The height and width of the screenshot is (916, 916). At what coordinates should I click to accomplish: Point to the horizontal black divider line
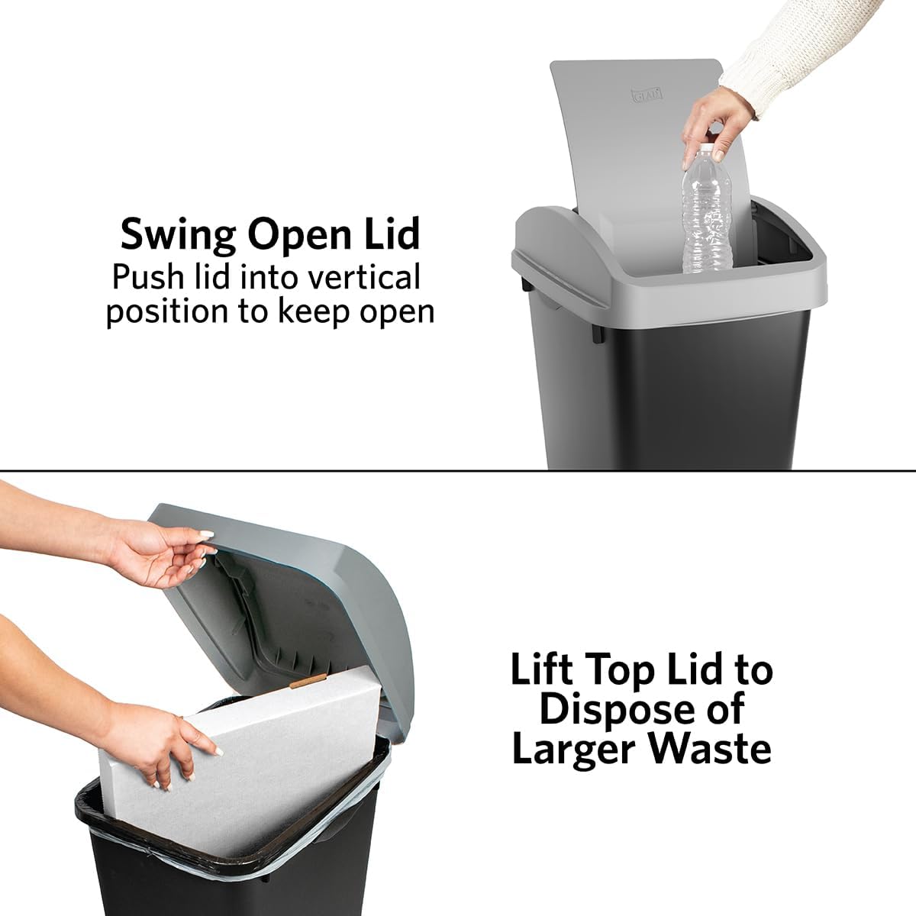tap(458, 471)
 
